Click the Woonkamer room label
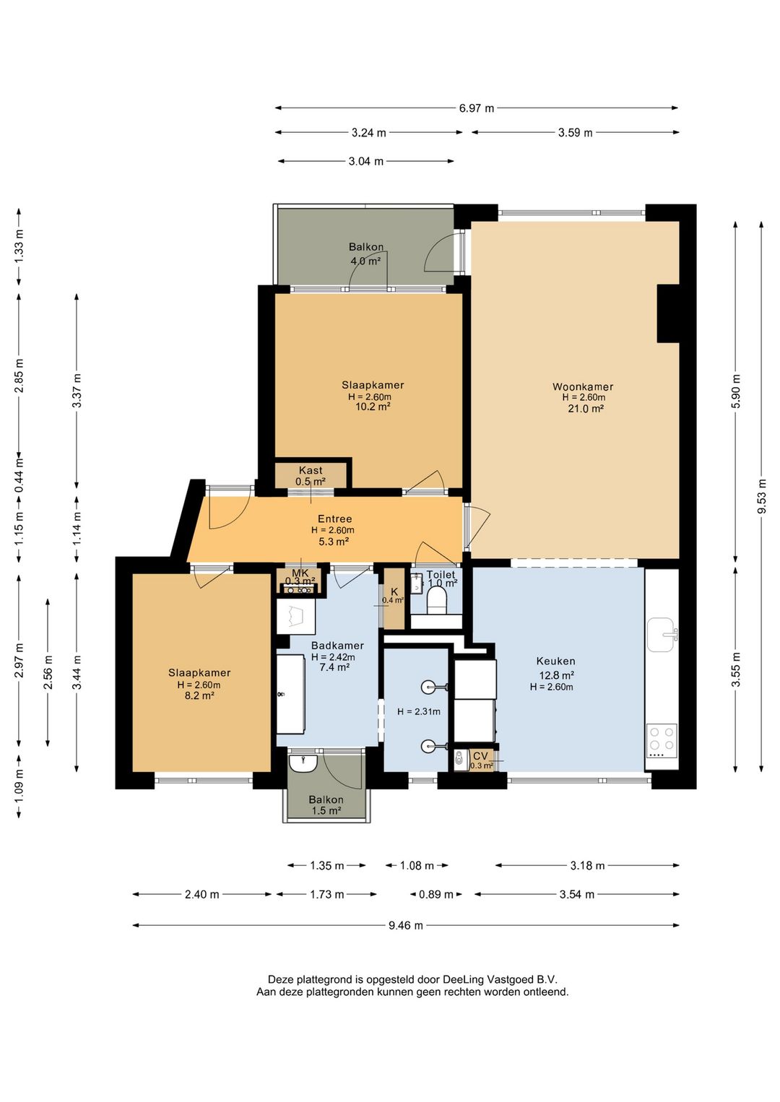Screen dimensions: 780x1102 click(583, 386)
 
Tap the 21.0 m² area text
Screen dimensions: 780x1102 click(586, 408)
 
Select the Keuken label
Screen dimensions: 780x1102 click(555, 661)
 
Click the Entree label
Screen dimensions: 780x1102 click(334, 519)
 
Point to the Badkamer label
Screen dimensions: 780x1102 click(337, 646)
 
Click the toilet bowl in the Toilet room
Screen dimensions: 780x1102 click(436, 602)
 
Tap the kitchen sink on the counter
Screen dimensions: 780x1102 click(662, 635)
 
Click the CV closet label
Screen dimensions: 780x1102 click(480, 756)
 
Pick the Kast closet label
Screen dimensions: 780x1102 click(311, 470)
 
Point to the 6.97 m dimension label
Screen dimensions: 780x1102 click(477, 108)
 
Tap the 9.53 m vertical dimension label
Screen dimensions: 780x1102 click(762, 496)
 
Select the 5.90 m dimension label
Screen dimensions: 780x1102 click(736, 391)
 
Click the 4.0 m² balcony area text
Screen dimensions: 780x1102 click(365, 261)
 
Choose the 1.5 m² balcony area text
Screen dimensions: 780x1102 click(326, 811)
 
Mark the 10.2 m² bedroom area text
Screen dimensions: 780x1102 click(373, 407)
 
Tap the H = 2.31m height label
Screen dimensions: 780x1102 click(419, 711)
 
